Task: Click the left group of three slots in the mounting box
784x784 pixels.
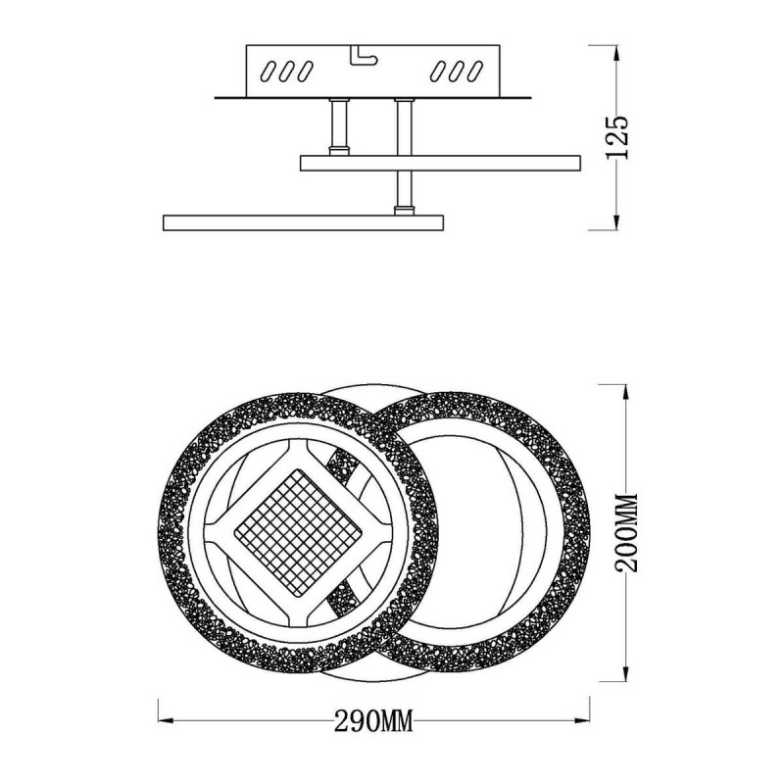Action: tap(286, 71)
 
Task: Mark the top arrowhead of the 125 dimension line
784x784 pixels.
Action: tap(615, 49)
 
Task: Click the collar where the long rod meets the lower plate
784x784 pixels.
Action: tap(402, 208)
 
